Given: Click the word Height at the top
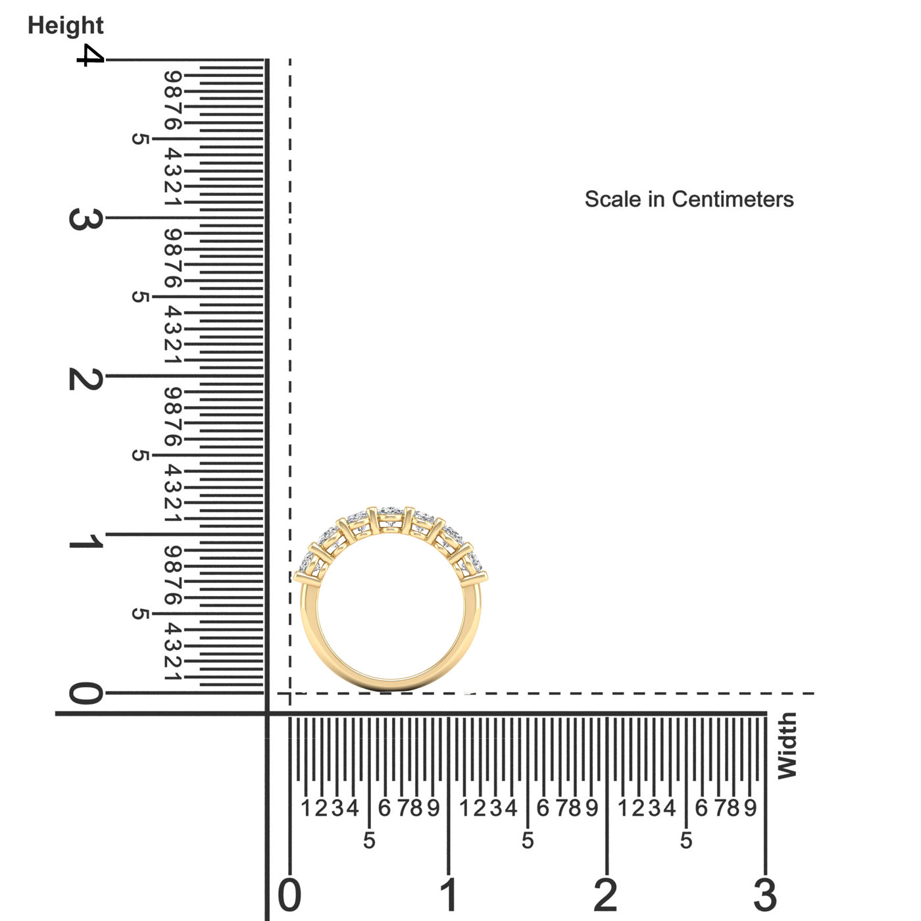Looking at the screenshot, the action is click(66, 26).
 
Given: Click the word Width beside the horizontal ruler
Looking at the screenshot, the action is click(787, 746).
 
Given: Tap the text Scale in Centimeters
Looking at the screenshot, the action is click(689, 199).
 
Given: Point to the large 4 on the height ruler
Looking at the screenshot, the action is click(90, 55).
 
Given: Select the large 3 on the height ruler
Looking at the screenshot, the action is click(86, 219).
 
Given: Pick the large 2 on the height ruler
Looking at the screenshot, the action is click(86, 379).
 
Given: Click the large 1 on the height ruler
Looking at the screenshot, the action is click(86, 541).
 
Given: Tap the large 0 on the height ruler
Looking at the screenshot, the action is click(86, 693).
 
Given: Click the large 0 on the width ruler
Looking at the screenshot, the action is click(289, 895).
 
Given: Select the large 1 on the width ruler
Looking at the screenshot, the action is click(448, 895).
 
